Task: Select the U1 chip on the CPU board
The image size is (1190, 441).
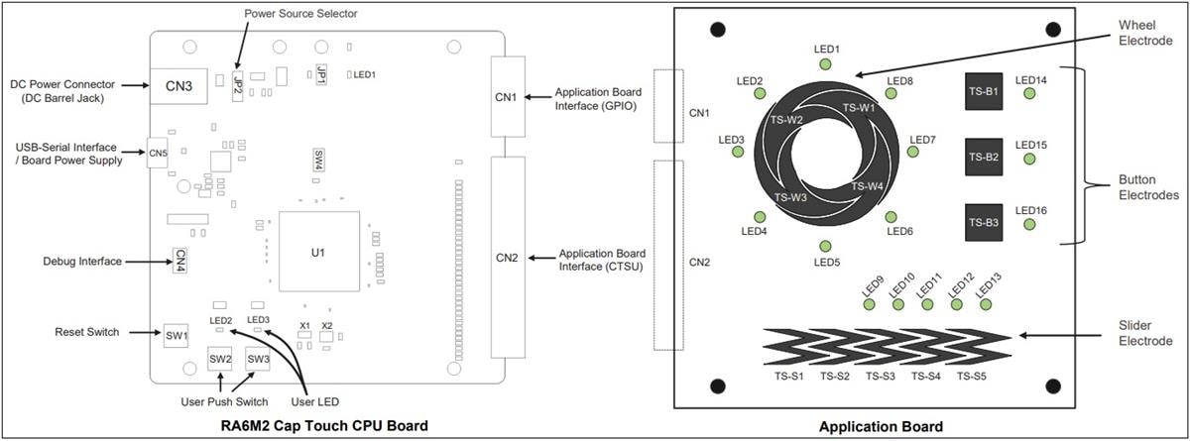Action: tap(317, 253)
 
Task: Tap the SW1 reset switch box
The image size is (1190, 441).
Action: tap(177, 336)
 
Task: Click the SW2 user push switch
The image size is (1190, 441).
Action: tap(220, 359)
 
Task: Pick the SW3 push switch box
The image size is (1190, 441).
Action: tap(258, 359)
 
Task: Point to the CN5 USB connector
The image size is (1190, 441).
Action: tap(158, 153)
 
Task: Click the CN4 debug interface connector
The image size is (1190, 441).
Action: tap(180, 260)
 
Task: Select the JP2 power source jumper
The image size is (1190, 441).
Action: tap(238, 83)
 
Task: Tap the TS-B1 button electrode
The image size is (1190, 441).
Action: tap(983, 91)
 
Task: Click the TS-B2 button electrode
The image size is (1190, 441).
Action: tap(983, 157)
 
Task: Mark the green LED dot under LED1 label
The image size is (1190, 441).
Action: tap(825, 64)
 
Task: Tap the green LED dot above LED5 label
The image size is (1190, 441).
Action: tap(825, 246)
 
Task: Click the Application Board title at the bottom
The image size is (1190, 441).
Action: tap(881, 426)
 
